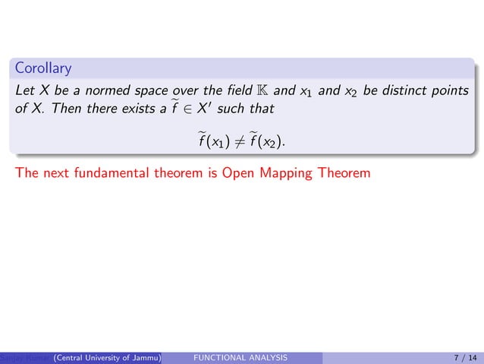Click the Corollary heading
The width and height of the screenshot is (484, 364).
[43, 69]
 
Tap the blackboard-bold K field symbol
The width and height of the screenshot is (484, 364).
[259, 91]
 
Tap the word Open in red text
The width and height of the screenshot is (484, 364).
[238, 173]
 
